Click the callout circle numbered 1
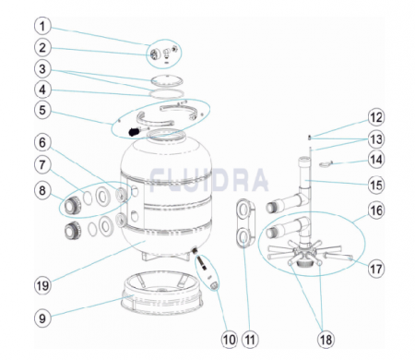click(42, 26)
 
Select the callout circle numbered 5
click(42, 110)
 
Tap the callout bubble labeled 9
click(42, 318)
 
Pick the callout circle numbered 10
click(230, 340)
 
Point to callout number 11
click(250, 340)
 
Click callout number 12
click(376, 118)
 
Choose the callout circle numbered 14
click(376, 160)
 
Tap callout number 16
click(376, 210)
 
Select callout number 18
click(326, 340)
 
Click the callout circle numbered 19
click(42, 285)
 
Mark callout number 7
click(42, 165)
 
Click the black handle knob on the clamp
click(134, 132)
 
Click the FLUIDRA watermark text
click(208, 180)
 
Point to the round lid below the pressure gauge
click(167, 81)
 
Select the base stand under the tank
click(162, 294)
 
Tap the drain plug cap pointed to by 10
click(214, 286)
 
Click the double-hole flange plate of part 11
click(245, 223)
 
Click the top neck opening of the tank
click(166, 135)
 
